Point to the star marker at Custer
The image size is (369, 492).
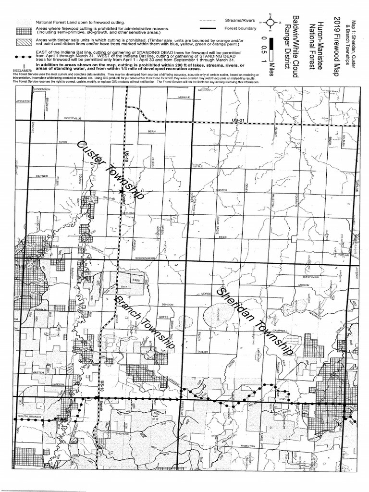click(121, 192)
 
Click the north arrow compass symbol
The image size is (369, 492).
click(270, 22)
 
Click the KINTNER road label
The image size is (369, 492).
click(42, 176)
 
